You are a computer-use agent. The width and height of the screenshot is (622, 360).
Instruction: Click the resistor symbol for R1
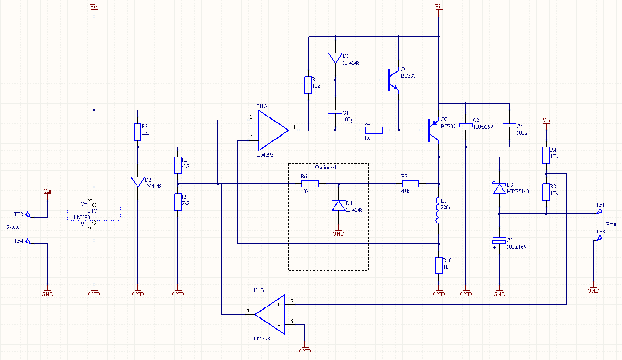pyautogui.click(x=308, y=85)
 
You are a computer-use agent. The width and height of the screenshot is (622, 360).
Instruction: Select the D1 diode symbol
pyautogui.click(x=335, y=58)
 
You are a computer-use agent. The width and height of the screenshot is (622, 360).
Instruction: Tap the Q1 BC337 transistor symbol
pyautogui.click(x=391, y=80)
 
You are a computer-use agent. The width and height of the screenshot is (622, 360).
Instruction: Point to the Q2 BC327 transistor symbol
pyautogui.click(x=432, y=130)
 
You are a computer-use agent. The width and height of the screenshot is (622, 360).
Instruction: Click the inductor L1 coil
pyautogui.click(x=438, y=211)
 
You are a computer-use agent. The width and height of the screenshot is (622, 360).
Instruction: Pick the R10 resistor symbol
pyautogui.click(x=439, y=265)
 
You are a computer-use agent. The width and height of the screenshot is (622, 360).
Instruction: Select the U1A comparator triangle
pyautogui.click(x=272, y=130)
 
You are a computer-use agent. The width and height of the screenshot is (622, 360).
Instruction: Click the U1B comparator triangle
pyautogui.click(x=271, y=314)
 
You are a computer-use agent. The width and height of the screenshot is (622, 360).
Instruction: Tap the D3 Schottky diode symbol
pyautogui.click(x=499, y=188)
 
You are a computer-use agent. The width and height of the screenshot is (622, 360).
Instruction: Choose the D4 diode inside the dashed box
pyautogui.click(x=338, y=206)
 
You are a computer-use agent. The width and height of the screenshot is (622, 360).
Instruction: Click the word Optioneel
pyautogui.click(x=326, y=167)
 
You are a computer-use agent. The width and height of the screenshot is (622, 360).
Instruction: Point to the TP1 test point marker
pyautogui.click(x=599, y=212)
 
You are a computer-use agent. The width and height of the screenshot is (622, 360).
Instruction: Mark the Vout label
pyautogui.click(x=611, y=224)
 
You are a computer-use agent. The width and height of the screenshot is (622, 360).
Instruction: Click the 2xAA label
pyautogui.click(x=13, y=227)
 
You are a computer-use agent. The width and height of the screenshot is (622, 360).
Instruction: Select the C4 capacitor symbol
pyautogui.click(x=509, y=125)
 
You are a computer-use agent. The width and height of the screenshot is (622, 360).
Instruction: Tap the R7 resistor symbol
pyautogui.click(x=410, y=183)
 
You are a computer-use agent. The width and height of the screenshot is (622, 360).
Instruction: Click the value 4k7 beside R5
pyautogui.click(x=185, y=166)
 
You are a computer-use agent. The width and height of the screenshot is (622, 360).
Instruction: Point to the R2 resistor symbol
pyautogui.click(x=374, y=130)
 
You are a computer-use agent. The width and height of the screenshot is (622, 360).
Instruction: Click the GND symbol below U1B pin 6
pyautogui.click(x=305, y=350)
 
